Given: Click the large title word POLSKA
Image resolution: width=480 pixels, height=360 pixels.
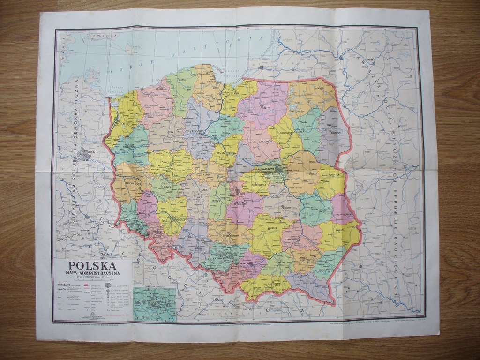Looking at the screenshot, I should click(92, 266).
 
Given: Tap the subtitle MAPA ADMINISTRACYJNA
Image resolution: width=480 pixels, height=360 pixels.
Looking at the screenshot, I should click(92, 273).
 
